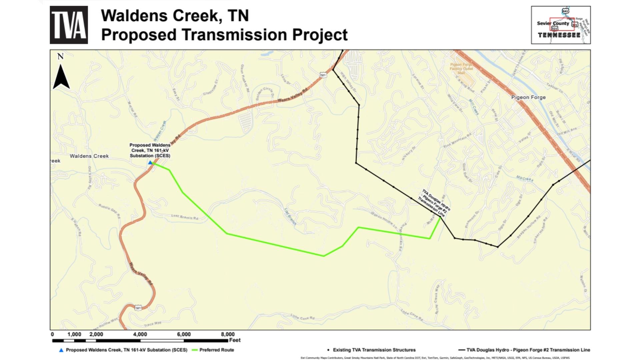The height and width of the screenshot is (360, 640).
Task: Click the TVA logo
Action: (69, 25)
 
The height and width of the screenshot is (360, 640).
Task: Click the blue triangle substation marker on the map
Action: (150, 163)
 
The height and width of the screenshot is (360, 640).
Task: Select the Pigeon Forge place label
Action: (528, 97)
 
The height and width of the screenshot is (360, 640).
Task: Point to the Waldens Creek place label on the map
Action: (89, 156)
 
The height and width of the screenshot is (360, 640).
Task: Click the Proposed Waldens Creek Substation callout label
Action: (150, 150)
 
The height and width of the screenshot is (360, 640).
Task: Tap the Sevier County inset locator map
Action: (561, 25)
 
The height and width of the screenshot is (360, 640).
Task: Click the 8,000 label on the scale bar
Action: (228, 334)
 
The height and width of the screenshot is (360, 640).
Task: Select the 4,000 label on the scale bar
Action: (140, 334)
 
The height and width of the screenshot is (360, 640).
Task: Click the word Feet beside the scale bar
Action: (235, 340)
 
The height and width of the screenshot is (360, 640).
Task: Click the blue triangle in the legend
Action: (61, 350)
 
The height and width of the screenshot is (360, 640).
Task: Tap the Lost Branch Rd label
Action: (185, 217)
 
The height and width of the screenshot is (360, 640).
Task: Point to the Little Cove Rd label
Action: (303, 317)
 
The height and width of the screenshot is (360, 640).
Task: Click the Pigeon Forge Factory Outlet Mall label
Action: (461, 69)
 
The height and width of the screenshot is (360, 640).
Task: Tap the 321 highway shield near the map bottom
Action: (138, 308)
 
